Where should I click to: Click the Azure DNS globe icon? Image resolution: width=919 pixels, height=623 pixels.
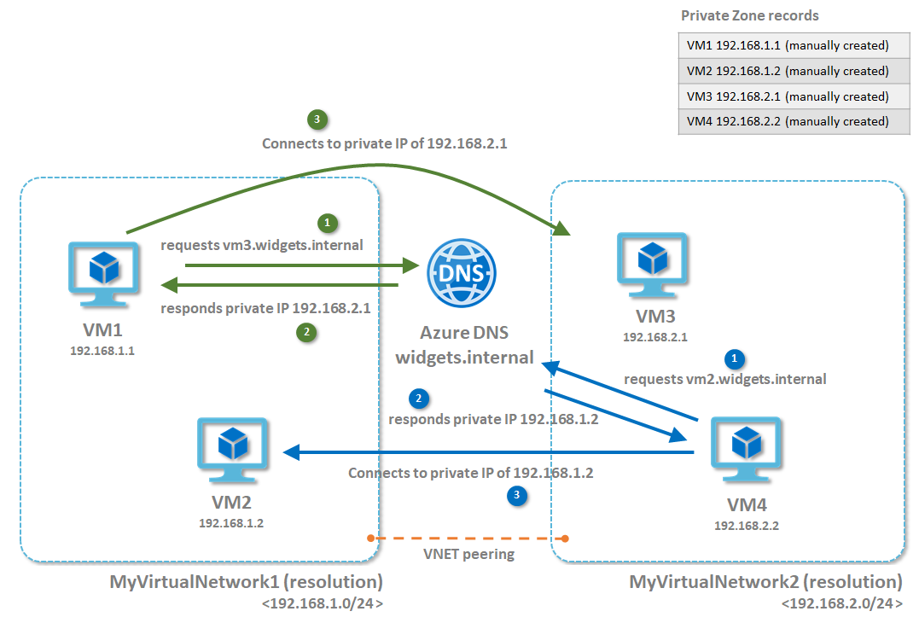point(462,273)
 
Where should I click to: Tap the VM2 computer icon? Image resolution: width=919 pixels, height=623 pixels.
point(233,450)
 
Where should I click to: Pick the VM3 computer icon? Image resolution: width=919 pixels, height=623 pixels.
point(652,265)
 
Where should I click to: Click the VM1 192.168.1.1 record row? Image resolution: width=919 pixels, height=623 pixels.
point(794,46)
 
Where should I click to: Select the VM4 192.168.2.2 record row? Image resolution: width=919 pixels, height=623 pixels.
point(794,122)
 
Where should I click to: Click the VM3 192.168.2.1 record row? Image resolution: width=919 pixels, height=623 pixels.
point(794,96)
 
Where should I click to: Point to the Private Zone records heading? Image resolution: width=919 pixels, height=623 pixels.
point(749,16)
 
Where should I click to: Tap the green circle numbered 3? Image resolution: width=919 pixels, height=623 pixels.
point(317,119)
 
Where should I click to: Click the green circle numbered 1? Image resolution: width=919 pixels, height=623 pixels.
point(328,223)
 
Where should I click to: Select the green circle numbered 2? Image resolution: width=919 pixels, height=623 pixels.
point(306,332)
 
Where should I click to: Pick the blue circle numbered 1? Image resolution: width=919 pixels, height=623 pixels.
point(735,358)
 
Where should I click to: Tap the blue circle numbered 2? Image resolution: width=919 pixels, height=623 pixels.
point(418,399)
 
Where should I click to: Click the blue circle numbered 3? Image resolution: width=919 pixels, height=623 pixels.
point(516,495)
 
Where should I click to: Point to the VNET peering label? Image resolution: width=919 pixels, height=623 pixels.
point(468,554)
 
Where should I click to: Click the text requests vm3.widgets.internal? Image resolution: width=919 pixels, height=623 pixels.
point(262,245)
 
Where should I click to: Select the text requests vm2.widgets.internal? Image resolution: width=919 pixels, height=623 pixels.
point(725,379)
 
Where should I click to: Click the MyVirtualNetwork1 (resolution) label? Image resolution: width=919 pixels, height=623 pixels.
point(246,582)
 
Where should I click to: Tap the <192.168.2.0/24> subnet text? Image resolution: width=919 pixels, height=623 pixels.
point(842,603)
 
